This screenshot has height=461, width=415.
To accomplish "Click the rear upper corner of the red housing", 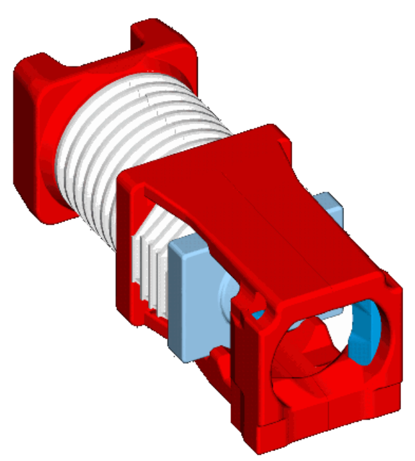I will pos(272,133).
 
